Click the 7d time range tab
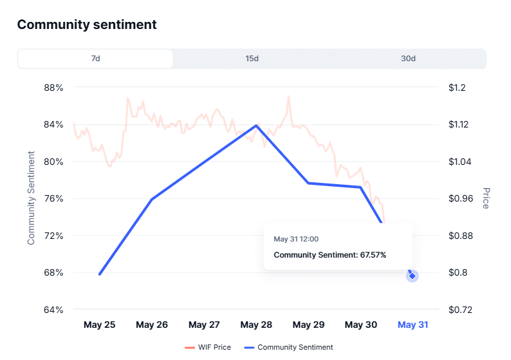point(95,59)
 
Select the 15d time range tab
point(252,59)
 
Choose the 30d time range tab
point(408,59)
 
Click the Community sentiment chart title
point(87,24)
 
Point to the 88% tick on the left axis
point(53,88)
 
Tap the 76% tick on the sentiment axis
point(53,198)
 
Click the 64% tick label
point(53,310)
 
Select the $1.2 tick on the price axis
point(460,88)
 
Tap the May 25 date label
point(100,325)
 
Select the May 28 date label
point(256,325)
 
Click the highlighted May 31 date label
point(413,325)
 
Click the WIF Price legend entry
point(207,347)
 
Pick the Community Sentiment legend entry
point(289,347)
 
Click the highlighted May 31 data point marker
point(412,276)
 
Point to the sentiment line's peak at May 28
point(256,125)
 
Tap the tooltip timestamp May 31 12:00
point(296,239)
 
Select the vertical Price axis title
point(486,198)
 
